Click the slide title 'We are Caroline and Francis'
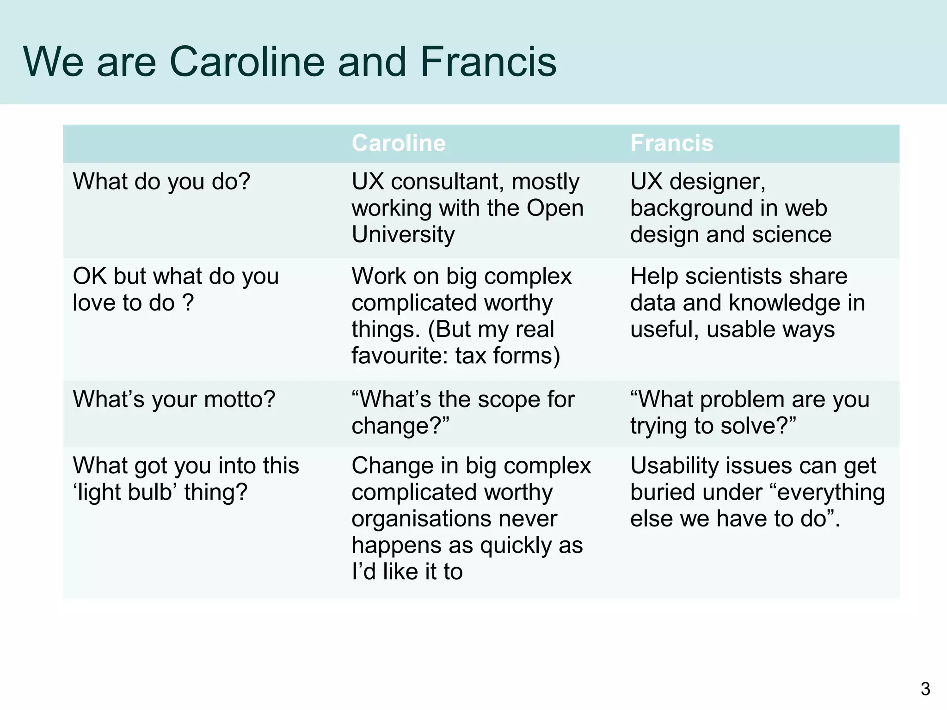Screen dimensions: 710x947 (x=290, y=62)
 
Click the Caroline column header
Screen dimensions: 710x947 (x=399, y=143)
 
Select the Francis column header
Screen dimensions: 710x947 (x=672, y=143)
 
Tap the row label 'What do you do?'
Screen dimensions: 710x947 (x=161, y=181)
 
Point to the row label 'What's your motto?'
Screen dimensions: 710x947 (x=174, y=399)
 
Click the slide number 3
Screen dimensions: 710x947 (x=925, y=689)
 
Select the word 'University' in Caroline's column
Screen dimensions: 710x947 (x=403, y=234)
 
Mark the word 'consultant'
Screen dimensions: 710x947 (x=447, y=182)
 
